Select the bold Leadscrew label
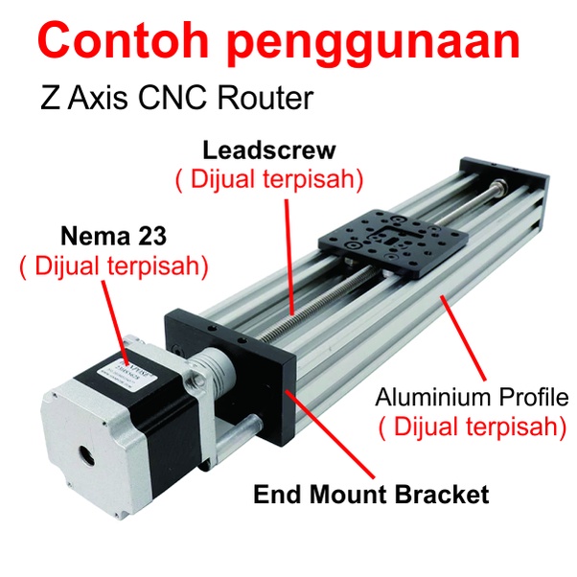269,150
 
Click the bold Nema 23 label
113,236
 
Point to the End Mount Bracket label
370,495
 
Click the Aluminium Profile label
472,397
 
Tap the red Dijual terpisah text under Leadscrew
269,179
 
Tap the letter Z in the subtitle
50,99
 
